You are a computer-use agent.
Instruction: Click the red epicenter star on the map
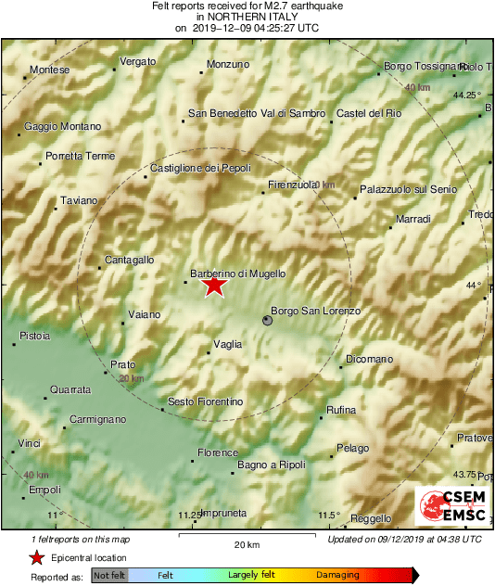point(214,286)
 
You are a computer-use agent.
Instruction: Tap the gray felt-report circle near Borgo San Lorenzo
point(268,320)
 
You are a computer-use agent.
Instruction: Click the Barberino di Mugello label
point(237,274)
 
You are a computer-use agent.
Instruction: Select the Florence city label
point(218,453)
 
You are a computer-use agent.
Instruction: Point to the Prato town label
point(122,364)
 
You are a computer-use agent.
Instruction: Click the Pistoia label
point(35,335)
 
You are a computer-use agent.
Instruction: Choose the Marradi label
point(413,219)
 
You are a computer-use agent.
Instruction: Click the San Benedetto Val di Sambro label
point(257,113)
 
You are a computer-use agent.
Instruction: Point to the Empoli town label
point(44,490)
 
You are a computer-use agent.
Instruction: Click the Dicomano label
point(369,359)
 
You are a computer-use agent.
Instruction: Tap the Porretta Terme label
point(80,156)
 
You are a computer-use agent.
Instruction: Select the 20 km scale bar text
point(246,544)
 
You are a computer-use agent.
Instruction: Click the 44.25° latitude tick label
point(467,95)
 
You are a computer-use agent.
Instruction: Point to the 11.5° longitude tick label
point(328,516)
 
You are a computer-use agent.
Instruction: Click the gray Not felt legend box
point(109,576)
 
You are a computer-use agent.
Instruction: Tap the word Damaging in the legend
point(337,576)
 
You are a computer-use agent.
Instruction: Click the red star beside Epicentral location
point(36,558)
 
